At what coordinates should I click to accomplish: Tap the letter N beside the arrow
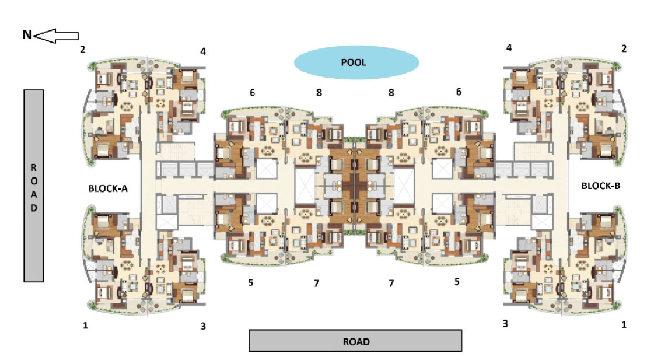[27, 34]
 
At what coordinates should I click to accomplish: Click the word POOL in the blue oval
[354, 62]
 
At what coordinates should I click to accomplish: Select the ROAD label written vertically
[34, 188]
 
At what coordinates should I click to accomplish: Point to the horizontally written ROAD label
[356, 342]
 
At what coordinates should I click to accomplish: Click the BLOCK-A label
[108, 188]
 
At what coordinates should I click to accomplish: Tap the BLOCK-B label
[600, 186]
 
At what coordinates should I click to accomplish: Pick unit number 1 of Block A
[86, 326]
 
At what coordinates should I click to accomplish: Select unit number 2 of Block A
[83, 49]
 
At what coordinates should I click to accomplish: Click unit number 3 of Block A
[203, 326]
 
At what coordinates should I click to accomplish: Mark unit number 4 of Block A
[203, 51]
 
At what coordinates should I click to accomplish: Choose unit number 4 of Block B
[509, 48]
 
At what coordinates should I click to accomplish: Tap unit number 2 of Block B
[624, 49]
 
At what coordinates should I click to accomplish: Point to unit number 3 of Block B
[505, 324]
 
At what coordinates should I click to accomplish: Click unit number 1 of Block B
[624, 324]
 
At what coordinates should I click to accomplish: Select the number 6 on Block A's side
[253, 93]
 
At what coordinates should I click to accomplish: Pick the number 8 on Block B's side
[391, 93]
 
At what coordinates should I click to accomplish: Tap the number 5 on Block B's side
[457, 282]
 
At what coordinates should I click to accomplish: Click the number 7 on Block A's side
[317, 284]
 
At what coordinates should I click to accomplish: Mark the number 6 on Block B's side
[459, 92]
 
